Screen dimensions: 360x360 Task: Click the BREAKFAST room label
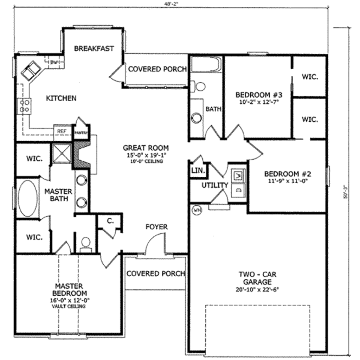point(94,49)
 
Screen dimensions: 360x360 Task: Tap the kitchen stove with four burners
point(24,106)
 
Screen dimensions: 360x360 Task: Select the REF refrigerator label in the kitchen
point(62,130)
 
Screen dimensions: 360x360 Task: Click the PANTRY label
point(81,133)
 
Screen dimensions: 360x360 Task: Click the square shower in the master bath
point(62,154)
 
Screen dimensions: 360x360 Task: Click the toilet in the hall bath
point(199,86)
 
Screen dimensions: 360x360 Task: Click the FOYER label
point(156,227)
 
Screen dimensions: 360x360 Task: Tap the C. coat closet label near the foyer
point(110,221)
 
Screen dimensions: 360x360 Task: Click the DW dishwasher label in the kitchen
point(53,63)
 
